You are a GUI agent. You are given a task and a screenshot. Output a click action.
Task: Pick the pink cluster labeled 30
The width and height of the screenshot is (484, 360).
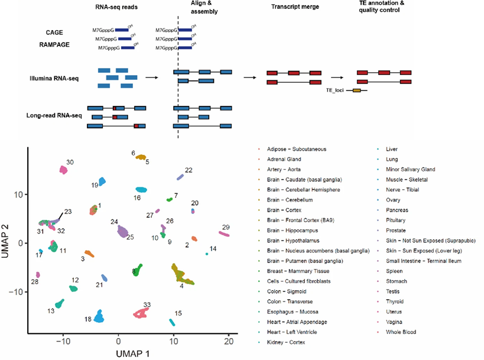(x=64, y=170)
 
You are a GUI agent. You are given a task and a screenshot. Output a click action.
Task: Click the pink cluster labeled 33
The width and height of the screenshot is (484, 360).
(x=141, y=313)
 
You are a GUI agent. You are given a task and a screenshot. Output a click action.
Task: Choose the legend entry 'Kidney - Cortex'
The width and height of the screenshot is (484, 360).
(x=290, y=342)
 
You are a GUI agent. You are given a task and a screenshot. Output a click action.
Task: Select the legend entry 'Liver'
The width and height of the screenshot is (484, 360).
(x=391, y=149)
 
